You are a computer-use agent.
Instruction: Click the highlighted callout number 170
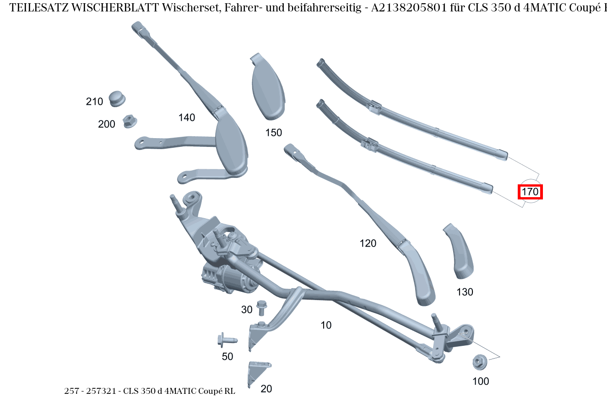tap(530, 192)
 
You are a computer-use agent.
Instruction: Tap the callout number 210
tap(94, 102)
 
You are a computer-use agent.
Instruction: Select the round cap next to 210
tap(117, 98)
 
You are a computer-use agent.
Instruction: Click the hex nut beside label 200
tap(130, 122)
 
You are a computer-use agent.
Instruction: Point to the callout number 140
tap(186, 118)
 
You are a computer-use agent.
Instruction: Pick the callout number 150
tap(274, 133)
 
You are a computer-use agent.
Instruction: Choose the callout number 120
tap(368, 243)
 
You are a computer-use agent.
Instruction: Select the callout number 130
tap(465, 292)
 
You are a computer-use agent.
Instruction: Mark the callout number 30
tap(247, 310)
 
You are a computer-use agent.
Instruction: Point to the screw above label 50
tap(227, 340)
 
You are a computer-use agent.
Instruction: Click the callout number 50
tap(228, 356)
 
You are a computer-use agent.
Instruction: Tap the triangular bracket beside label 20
tap(256, 371)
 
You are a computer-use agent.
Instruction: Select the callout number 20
tap(266, 389)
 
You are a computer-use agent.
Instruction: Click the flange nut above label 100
tap(479, 363)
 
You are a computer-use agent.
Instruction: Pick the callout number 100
tap(480, 381)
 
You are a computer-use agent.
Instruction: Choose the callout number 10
tap(326, 325)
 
